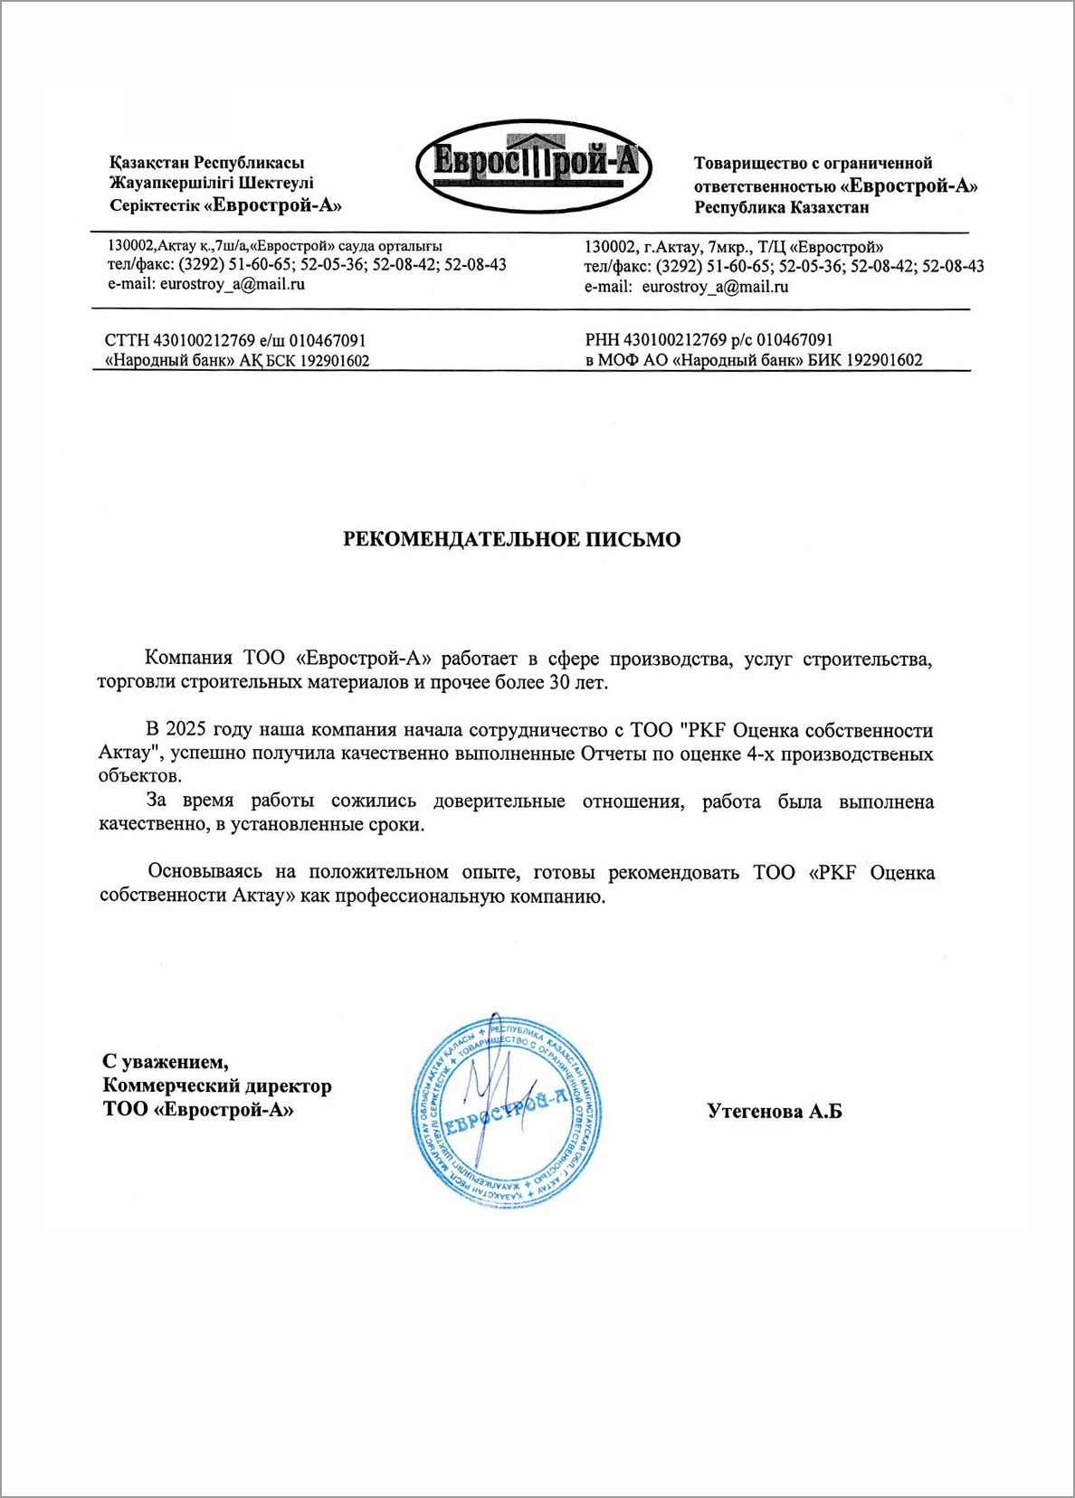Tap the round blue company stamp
click(x=507, y=1109)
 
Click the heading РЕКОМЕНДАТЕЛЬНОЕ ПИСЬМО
click(x=511, y=540)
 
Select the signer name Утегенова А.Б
click(x=774, y=1111)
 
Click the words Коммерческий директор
click(x=217, y=1086)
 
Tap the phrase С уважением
click(x=166, y=1061)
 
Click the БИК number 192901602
click(x=878, y=360)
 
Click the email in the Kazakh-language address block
click(x=233, y=284)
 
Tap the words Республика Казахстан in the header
click(x=782, y=208)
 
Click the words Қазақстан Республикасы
click(x=206, y=163)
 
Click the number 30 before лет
click(x=560, y=682)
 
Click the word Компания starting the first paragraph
click(x=188, y=659)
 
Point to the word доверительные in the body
click(x=499, y=801)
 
